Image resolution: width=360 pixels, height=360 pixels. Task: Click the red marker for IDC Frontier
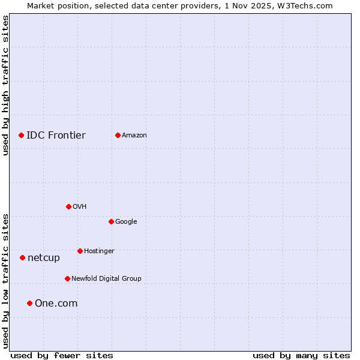coord(21,135)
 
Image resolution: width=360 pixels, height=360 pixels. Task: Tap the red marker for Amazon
coord(118,135)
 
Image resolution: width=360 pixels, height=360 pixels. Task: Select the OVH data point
coord(68,206)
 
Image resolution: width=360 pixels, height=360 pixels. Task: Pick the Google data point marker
coord(111,221)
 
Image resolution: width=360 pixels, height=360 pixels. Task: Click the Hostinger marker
coord(80,251)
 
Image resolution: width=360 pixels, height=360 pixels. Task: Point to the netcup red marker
coord(22,257)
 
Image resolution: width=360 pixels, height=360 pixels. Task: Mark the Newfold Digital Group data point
coord(67,278)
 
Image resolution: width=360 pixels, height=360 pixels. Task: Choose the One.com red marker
coord(29,303)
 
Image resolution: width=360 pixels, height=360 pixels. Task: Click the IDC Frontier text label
coord(56,135)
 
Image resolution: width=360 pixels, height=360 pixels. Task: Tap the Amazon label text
coord(134,136)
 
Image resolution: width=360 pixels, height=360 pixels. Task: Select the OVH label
coord(80,207)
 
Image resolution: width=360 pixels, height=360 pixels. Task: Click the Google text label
coord(126,222)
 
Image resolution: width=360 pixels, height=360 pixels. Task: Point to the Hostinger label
coord(99,251)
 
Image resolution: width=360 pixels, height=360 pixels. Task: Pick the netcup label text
coord(44,258)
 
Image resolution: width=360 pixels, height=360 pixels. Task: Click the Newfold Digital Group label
coord(106,278)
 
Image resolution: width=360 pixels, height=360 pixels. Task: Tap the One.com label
coord(56,304)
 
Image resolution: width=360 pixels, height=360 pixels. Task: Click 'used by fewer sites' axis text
coord(62,355)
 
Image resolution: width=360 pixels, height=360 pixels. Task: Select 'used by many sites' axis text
coord(301,355)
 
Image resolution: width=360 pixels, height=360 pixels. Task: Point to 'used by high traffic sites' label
coord(5,85)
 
